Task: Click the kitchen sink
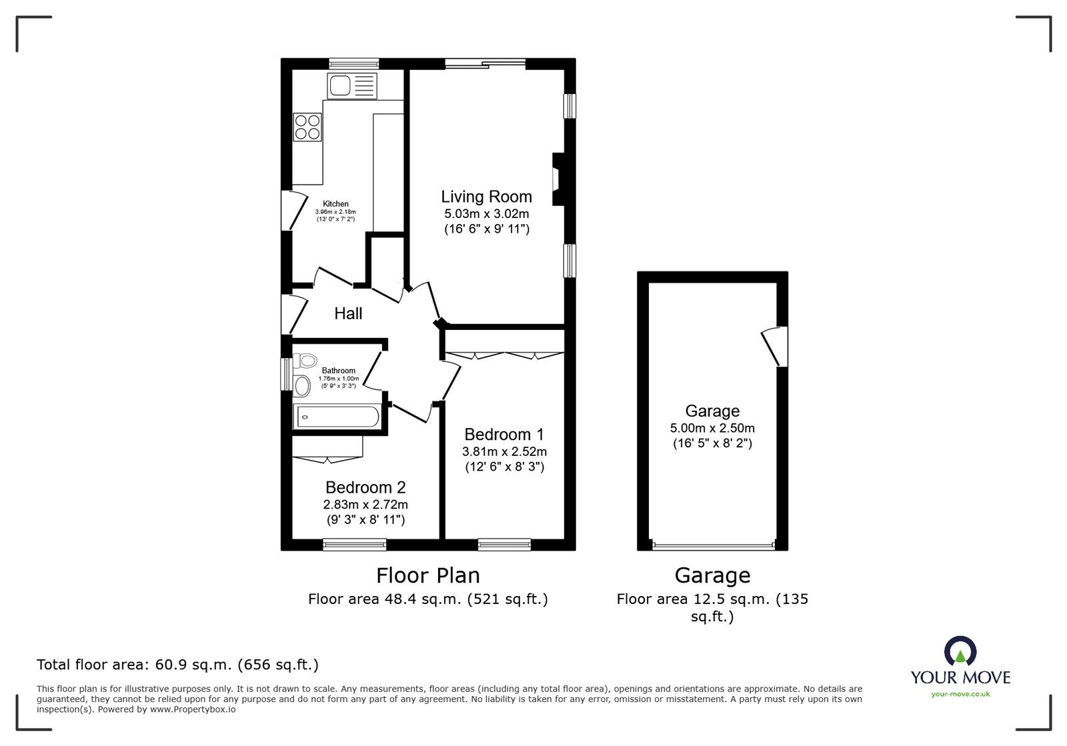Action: point(352,86)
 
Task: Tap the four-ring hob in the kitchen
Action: point(307,127)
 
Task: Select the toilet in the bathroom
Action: point(305,361)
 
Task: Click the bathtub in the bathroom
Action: point(337,417)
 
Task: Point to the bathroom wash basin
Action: point(301,385)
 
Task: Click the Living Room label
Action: point(486,196)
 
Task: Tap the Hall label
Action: point(348,313)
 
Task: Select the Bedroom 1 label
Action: point(504,434)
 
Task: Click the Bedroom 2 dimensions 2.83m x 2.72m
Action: point(365,504)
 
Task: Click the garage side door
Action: point(775,346)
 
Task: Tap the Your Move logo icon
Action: point(960,650)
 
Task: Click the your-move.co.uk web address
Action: point(960,694)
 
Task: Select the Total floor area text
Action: point(177,665)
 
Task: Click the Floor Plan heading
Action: point(427,575)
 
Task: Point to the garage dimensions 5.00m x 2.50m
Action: point(712,428)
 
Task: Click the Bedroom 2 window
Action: point(354,545)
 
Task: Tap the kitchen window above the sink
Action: point(353,64)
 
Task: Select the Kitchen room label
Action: point(335,204)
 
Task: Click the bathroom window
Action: point(286,374)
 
